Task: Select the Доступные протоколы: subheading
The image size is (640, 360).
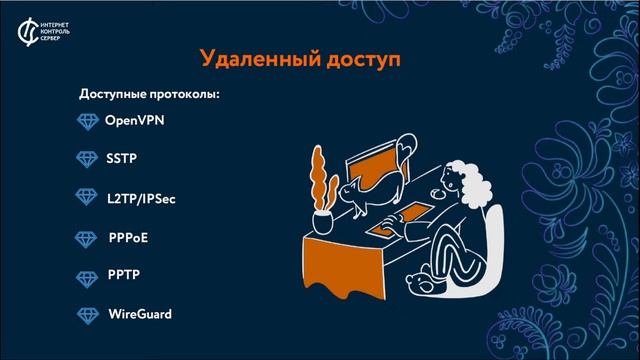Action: (x=149, y=95)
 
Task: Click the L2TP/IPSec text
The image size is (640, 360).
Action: (x=141, y=198)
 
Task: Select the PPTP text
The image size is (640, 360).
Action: (x=123, y=276)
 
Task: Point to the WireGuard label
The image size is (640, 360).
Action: (x=140, y=315)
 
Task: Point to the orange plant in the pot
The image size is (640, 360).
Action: (x=321, y=180)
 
